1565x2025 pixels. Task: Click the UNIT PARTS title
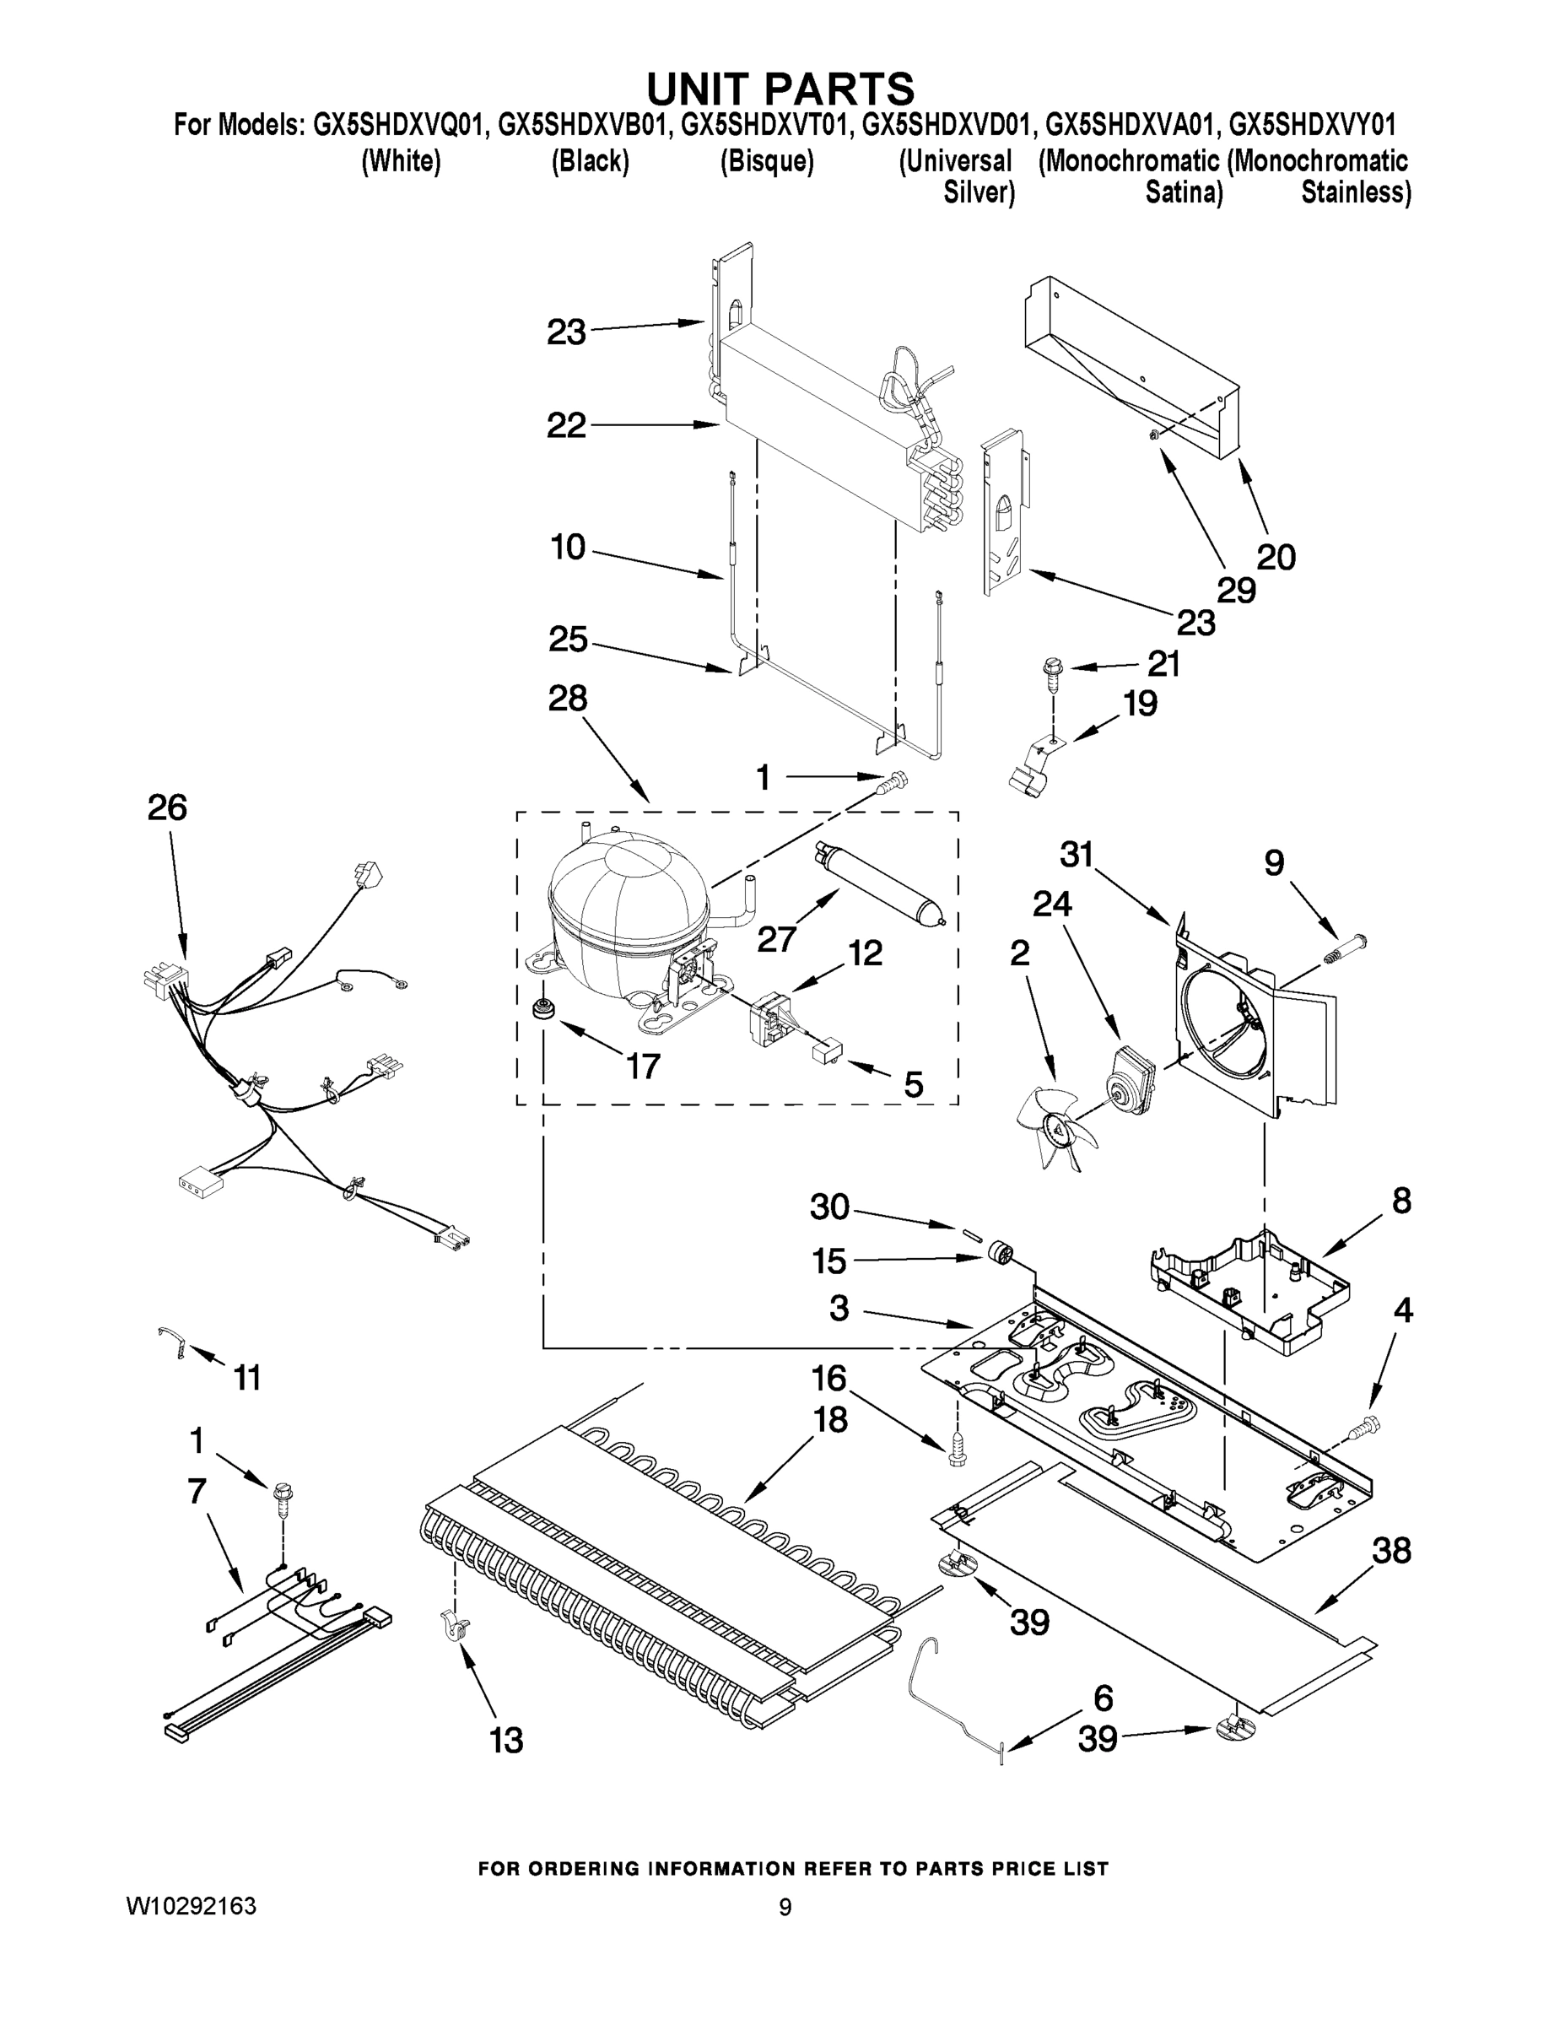(780, 89)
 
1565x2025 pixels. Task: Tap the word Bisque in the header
(767, 161)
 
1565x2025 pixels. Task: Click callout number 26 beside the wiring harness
(167, 807)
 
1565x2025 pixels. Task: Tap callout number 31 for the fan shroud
(1077, 854)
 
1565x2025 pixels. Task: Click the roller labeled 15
(999, 1254)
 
